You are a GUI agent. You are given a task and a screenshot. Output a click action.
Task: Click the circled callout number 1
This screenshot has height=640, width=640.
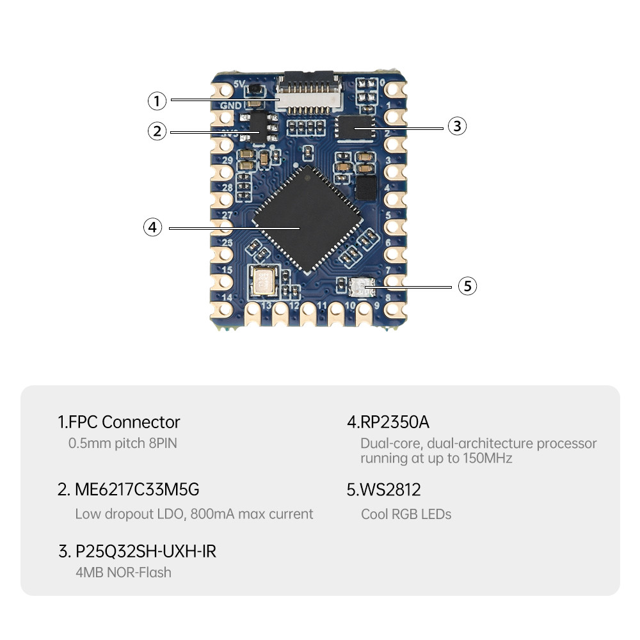[x=157, y=100]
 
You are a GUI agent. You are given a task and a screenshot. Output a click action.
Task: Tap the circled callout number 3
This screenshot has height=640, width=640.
[x=456, y=126]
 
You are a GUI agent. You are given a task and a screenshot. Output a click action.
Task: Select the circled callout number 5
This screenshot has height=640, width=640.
[x=468, y=285]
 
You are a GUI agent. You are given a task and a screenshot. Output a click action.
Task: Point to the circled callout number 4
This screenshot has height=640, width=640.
[x=152, y=227]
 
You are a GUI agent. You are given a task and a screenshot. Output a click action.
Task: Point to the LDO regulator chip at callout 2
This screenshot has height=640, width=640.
[x=257, y=126]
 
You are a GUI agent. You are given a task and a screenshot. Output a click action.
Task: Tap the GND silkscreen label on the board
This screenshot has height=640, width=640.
[x=230, y=106]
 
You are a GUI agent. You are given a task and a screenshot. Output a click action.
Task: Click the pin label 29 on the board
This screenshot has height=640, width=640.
[x=227, y=160]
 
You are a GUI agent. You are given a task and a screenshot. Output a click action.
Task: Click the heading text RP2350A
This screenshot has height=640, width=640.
[x=388, y=422]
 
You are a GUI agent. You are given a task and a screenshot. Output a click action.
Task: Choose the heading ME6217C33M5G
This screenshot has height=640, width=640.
[x=129, y=490]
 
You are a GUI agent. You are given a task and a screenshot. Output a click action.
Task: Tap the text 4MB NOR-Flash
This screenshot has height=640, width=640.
[x=124, y=572]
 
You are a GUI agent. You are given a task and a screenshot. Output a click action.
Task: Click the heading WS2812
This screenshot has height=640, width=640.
[x=384, y=490]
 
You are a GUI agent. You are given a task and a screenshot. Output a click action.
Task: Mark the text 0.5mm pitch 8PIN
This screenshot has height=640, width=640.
[x=122, y=443]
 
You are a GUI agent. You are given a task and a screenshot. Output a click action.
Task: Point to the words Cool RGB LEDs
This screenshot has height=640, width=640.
[x=406, y=514]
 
